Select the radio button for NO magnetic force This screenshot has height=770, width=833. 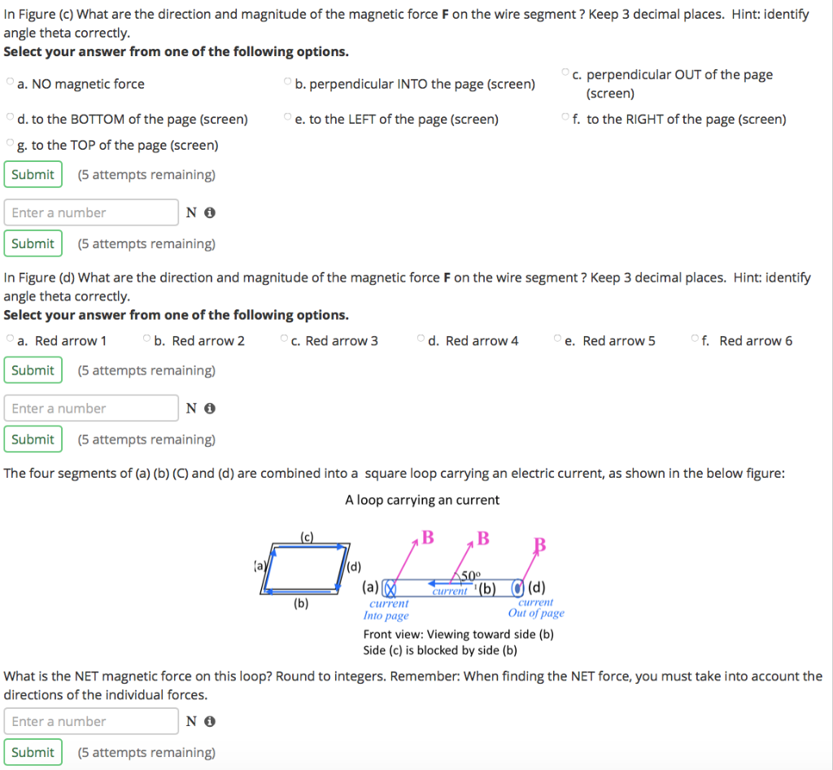pyautogui.click(x=10, y=82)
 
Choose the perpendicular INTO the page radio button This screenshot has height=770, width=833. pyautogui.click(x=287, y=82)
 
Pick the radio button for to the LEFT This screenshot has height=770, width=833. pyautogui.click(x=287, y=118)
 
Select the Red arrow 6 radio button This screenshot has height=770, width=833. pyautogui.click(x=694, y=338)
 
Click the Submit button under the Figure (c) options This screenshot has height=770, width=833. pyautogui.click(x=33, y=174)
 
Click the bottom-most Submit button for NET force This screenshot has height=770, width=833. pyautogui.click(x=33, y=752)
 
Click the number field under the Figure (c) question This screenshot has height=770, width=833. pyautogui.click(x=91, y=212)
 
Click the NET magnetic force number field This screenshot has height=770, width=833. pyautogui.click(x=91, y=721)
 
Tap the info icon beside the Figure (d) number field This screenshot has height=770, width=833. pyautogui.click(x=209, y=409)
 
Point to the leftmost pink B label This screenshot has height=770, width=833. pyautogui.click(x=428, y=538)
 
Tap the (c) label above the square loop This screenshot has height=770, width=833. pyautogui.click(x=307, y=536)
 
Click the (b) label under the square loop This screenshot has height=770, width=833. pyautogui.click(x=301, y=603)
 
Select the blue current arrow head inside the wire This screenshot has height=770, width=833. pyautogui.click(x=434, y=583)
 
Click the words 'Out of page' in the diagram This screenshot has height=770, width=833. pyautogui.click(x=536, y=614)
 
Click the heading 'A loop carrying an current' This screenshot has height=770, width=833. pyautogui.click(x=422, y=500)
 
